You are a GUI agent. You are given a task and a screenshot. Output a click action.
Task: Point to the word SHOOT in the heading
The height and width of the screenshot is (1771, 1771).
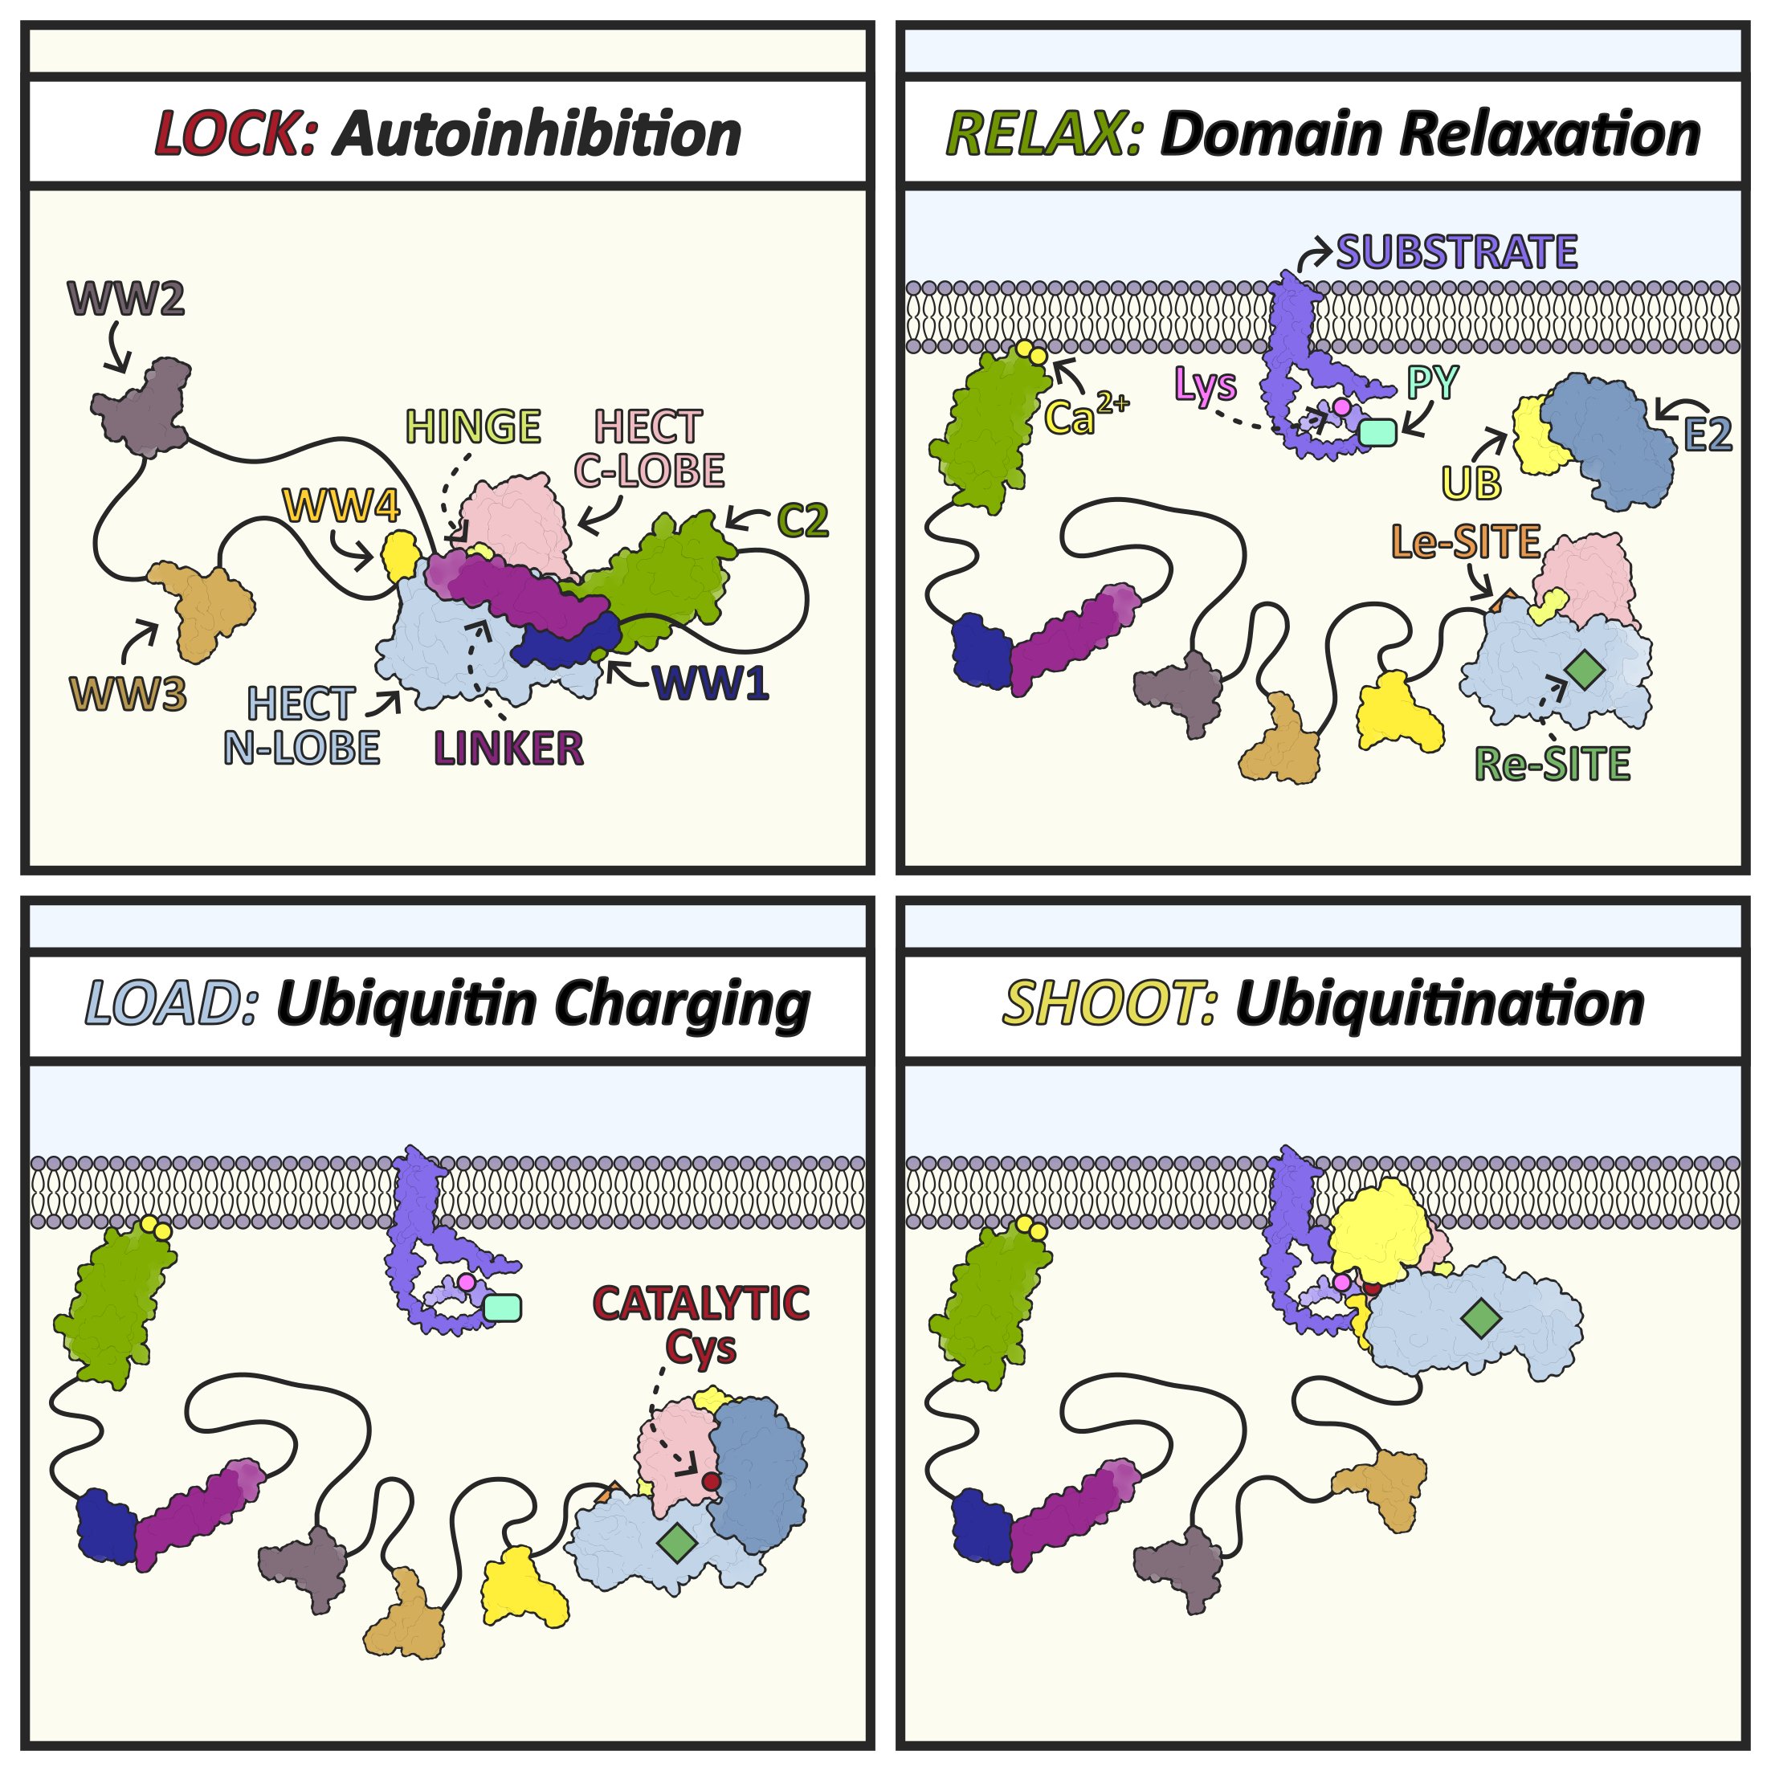(1110, 1005)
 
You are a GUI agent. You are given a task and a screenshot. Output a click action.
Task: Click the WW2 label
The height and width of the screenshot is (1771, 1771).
(127, 299)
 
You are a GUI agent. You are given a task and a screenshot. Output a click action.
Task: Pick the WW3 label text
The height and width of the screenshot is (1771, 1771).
(129, 695)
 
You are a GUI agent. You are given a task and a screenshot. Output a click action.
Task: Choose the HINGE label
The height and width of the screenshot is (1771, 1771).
(473, 427)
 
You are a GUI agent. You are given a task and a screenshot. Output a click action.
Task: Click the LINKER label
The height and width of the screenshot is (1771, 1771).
(508, 749)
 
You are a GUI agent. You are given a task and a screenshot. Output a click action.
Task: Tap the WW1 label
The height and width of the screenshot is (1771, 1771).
(711, 683)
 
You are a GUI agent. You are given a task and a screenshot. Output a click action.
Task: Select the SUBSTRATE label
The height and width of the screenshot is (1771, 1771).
(1457, 252)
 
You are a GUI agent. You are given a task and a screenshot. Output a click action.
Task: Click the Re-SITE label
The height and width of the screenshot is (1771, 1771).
(1553, 765)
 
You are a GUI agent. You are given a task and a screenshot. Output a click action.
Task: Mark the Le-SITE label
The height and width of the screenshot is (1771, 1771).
(1466, 543)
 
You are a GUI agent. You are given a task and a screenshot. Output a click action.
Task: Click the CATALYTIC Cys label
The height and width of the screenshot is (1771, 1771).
(701, 1325)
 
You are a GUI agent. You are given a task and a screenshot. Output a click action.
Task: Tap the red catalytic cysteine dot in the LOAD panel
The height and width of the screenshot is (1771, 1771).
(711, 1481)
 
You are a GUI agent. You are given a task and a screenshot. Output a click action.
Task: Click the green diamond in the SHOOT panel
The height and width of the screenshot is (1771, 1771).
(1481, 1319)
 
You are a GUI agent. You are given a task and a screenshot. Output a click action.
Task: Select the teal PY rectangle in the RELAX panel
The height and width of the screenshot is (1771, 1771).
(1377, 432)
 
